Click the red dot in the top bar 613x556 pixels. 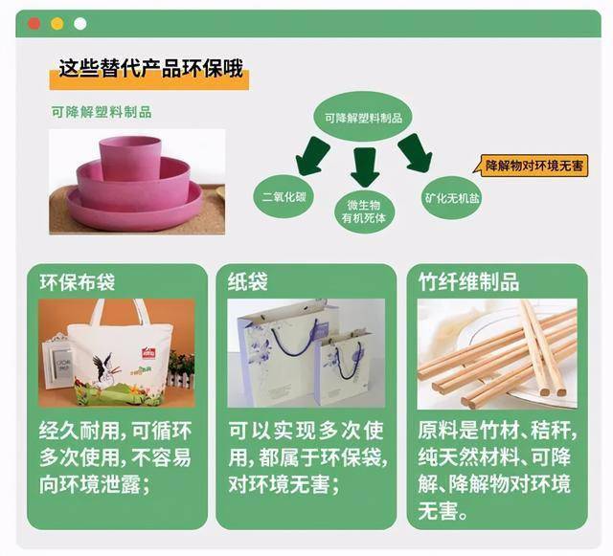pos(34,24)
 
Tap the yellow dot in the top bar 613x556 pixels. pos(57,24)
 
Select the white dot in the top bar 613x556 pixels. pos(80,24)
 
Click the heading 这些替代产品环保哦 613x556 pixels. pos(151,68)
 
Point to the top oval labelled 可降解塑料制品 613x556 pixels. pos(363,117)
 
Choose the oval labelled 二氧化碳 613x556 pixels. pos(284,196)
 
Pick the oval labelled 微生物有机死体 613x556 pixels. pos(364,211)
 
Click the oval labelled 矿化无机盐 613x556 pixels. pos(452,198)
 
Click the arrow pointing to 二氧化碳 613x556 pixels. pos(312,156)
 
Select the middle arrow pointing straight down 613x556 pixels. pos(365,167)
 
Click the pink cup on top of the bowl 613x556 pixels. pos(130,158)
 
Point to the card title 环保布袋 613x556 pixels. pos(77,281)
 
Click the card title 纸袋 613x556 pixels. pos(247,281)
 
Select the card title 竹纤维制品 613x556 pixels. pos(468,281)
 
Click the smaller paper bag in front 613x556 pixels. pos(343,367)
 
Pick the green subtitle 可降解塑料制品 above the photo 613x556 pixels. pos(102,112)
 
